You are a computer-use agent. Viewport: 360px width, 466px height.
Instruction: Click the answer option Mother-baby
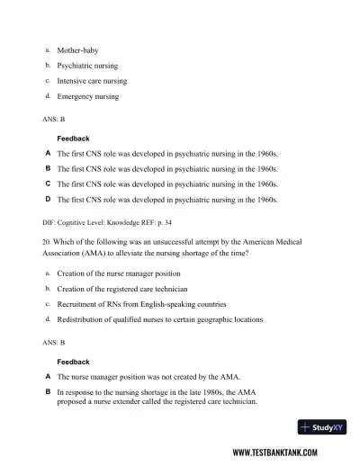coord(77,50)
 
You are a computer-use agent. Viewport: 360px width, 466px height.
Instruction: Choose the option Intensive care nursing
coord(92,81)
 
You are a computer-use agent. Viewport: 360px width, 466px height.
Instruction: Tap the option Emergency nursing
coord(87,96)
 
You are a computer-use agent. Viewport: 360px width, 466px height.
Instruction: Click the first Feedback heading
coord(73,139)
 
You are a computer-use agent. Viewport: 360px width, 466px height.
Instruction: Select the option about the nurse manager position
coord(118,273)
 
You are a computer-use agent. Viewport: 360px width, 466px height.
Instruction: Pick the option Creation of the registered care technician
coord(121,289)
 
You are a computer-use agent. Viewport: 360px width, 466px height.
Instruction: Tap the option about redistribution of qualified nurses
coord(160,319)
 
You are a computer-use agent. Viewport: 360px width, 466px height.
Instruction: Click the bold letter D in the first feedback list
coord(48,199)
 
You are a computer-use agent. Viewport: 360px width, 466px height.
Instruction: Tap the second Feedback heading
coord(73,362)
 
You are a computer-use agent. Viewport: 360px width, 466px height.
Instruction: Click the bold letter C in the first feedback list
coord(48,184)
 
